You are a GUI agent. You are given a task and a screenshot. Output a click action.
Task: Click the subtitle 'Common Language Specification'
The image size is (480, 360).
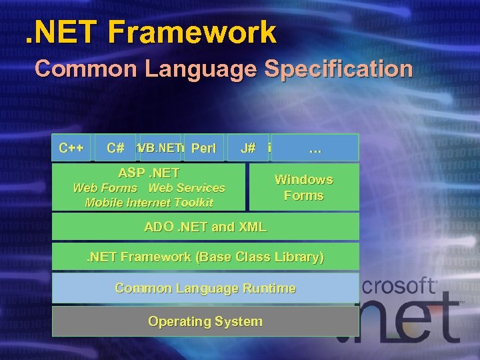coord(223,69)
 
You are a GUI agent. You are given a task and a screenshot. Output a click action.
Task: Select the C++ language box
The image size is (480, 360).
coord(71,148)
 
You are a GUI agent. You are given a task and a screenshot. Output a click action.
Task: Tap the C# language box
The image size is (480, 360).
coord(115,148)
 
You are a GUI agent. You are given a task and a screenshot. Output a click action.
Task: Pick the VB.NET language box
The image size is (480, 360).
coord(160,148)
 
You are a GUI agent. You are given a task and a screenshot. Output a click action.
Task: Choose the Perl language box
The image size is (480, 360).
coord(203,148)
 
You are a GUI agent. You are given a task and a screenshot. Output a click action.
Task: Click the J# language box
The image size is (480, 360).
coord(248,148)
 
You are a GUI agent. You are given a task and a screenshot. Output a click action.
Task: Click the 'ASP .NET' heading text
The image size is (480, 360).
coord(149,173)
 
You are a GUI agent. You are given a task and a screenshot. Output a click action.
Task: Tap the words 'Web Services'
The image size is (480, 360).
coord(187,188)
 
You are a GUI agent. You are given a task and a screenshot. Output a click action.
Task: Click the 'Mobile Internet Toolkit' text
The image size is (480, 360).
coord(149,203)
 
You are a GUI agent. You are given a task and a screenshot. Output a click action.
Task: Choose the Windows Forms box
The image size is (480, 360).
coord(303,187)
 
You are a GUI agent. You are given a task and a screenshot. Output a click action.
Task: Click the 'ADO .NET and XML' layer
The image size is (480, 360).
coord(205,227)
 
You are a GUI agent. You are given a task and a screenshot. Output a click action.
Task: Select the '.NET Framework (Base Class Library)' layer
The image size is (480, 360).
coord(205,257)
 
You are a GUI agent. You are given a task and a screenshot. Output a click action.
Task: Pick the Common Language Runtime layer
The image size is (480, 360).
coord(205,288)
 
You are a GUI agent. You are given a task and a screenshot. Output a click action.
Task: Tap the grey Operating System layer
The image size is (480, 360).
coord(205,321)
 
